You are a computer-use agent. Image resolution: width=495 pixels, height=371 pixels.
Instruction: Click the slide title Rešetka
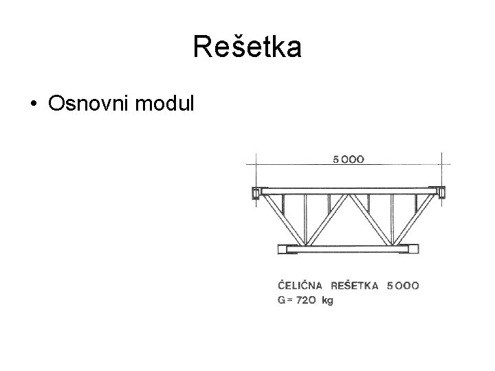click(x=247, y=47)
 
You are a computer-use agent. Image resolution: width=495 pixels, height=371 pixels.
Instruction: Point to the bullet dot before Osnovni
click(x=32, y=104)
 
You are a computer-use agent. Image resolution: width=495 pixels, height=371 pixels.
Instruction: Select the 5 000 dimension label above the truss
click(x=349, y=159)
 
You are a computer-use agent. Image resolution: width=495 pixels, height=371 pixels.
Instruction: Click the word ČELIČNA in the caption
click(x=300, y=285)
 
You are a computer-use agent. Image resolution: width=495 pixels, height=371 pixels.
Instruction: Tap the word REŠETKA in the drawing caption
click(x=355, y=285)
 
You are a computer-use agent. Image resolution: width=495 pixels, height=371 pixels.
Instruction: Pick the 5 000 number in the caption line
click(x=404, y=285)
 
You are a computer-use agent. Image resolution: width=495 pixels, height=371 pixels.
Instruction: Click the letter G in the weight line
click(x=280, y=301)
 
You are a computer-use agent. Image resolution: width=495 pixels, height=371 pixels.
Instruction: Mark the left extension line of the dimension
click(x=256, y=168)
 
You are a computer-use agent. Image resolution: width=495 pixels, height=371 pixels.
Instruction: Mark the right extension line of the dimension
click(x=441, y=168)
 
